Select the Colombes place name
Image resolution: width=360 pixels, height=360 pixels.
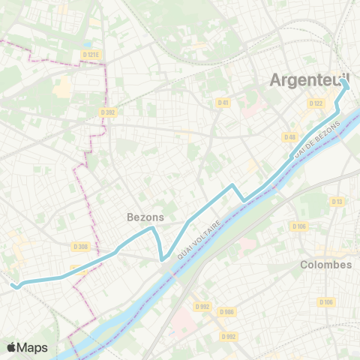click(325, 265)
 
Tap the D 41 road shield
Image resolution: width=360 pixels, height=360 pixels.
click(223, 102)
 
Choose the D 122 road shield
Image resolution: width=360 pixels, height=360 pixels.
click(315, 103)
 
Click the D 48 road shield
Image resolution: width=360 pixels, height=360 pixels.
click(290, 136)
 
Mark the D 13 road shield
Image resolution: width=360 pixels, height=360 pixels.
click(337, 201)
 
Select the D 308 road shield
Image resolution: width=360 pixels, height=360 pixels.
click(80, 246)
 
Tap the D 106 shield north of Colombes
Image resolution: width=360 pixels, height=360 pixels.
click(300, 226)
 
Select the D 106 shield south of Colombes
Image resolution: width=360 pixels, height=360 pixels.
click(325, 302)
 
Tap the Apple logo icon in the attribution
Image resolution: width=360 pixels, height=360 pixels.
click(12, 347)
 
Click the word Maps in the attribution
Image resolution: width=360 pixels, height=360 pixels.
click(33, 347)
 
